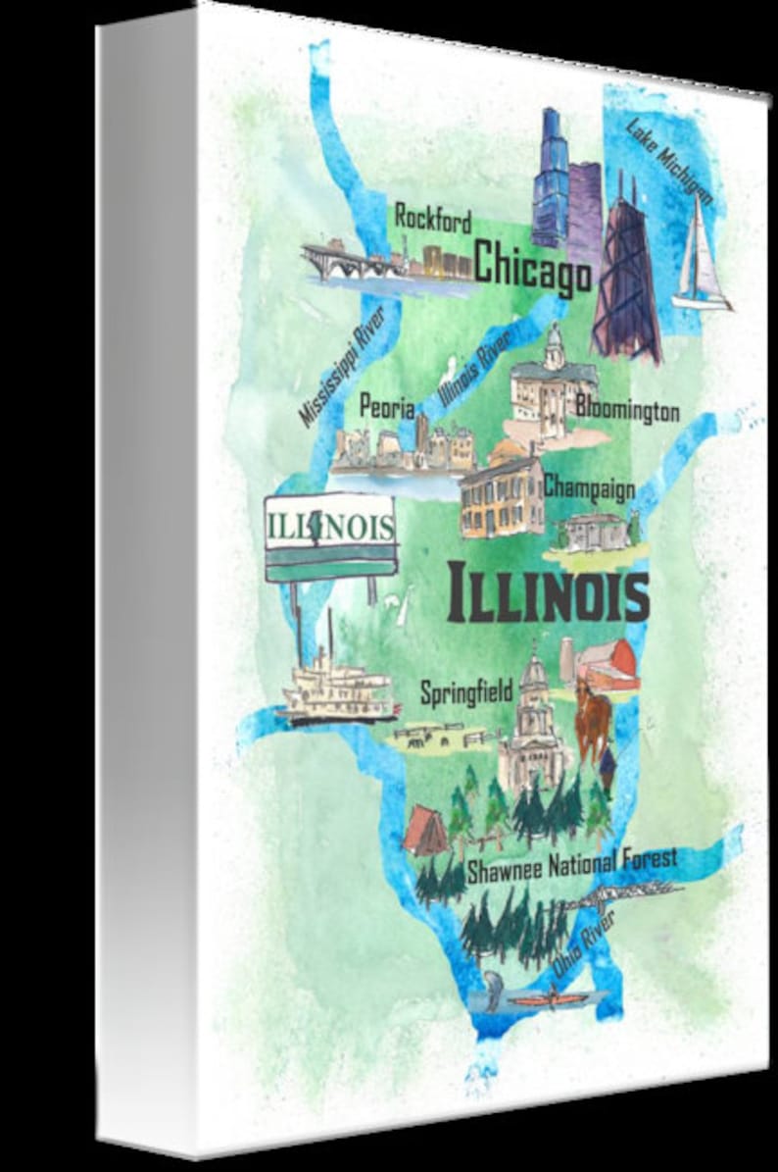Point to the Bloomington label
point(628,407)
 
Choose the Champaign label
point(589,485)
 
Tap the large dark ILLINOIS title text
point(548,593)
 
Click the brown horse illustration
point(592,719)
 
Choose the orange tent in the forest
point(426,830)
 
